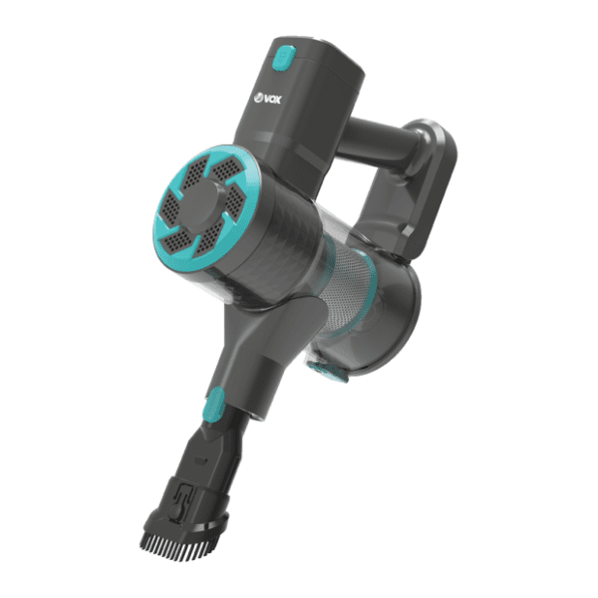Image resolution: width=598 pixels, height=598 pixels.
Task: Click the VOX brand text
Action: pos(272,100)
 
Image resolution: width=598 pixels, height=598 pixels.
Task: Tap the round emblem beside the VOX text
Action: pos(258,98)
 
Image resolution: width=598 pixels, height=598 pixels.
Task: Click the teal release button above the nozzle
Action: pos(213,404)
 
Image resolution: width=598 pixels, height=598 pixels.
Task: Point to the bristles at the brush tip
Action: pos(172,541)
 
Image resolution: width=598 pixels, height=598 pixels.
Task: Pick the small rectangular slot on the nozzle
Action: pos(201,460)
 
